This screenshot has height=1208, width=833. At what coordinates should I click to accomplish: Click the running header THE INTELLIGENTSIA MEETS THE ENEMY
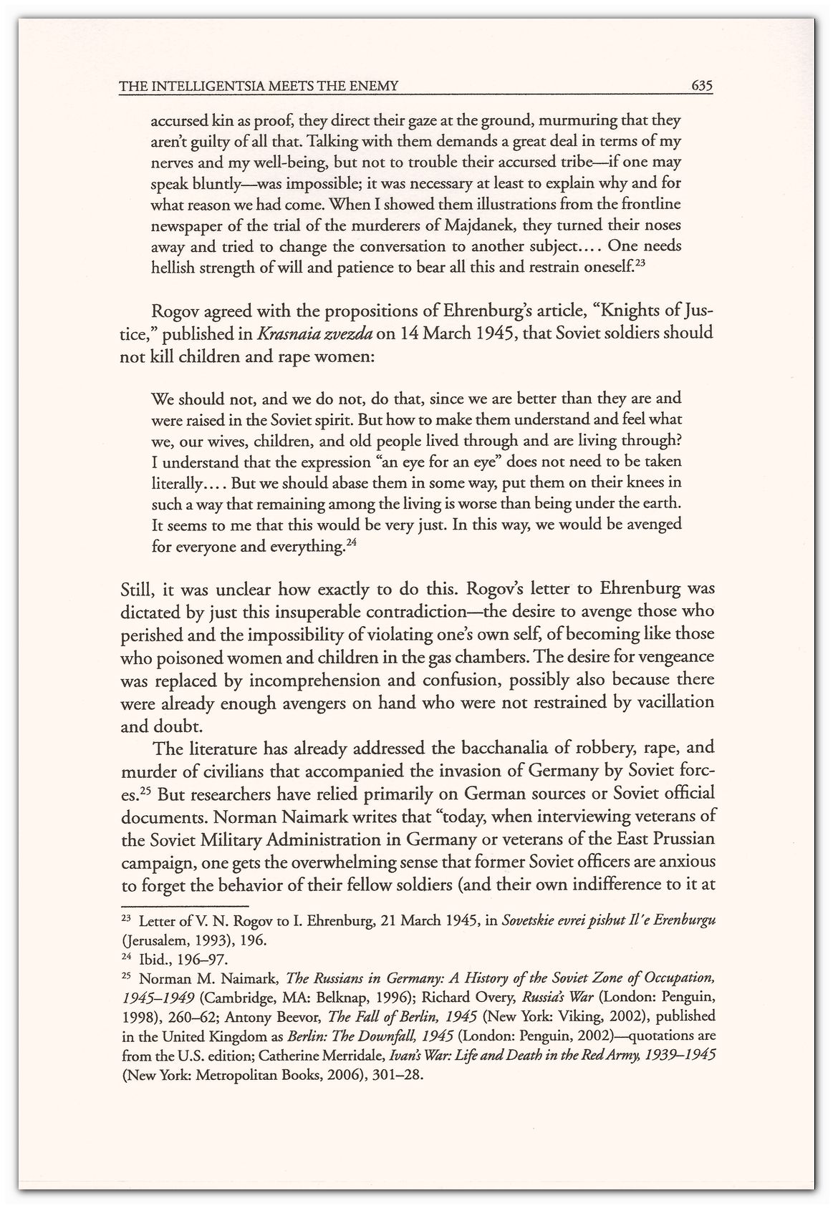coord(258,87)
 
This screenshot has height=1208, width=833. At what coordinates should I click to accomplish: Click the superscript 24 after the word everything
coord(351,543)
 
